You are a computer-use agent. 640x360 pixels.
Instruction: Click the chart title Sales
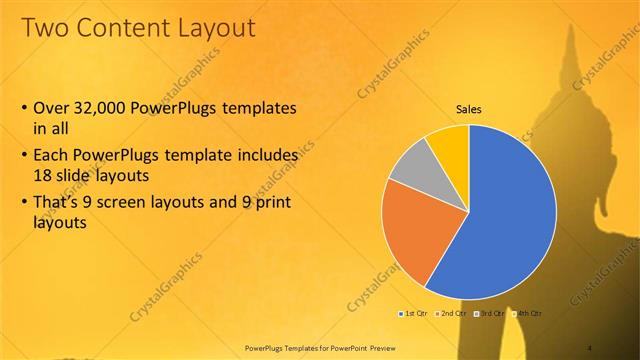pos(470,108)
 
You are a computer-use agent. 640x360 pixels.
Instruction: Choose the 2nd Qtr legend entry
pos(451,314)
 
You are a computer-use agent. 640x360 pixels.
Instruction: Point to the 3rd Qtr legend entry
pos(491,314)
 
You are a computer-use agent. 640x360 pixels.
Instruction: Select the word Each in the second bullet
pos(53,156)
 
